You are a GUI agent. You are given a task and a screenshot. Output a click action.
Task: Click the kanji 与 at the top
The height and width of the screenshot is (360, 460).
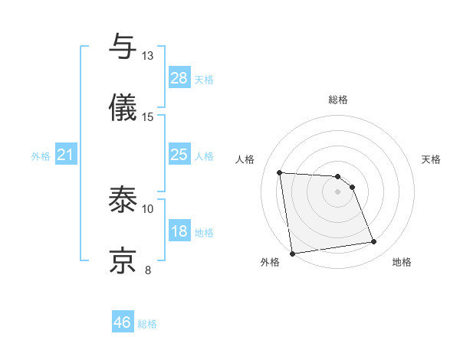tap(123, 47)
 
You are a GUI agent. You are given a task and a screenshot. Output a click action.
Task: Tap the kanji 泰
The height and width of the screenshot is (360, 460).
tap(123, 200)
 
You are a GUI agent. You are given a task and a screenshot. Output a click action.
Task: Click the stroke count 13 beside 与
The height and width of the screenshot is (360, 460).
tap(148, 56)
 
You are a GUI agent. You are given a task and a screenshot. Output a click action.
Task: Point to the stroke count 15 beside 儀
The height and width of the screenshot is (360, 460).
tap(148, 116)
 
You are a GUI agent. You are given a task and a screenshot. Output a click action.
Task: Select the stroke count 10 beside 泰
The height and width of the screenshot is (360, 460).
tap(148, 208)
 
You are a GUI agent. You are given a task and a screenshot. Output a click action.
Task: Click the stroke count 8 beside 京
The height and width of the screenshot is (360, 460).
tap(148, 270)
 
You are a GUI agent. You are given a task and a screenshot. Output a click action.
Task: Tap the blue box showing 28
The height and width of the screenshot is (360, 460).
tap(179, 78)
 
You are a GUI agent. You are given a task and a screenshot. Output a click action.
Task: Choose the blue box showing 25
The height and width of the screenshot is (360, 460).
tap(179, 155)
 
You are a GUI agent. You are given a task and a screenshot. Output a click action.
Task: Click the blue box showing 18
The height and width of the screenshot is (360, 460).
tap(179, 231)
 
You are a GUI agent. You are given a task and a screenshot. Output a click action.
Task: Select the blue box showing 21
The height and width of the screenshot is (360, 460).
tap(66, 155)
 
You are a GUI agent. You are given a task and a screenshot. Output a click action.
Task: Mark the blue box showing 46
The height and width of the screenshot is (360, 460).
tap(123, 322)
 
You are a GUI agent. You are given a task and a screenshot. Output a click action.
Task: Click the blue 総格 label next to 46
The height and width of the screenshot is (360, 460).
tap(147, 324)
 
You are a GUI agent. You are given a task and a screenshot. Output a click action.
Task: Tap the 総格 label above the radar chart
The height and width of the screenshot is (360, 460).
tap(337, 100)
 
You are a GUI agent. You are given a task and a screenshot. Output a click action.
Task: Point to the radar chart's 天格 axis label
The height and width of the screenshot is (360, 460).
tap(431, 159)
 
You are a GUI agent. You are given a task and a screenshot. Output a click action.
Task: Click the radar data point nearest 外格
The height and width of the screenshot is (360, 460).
tap(292, 253)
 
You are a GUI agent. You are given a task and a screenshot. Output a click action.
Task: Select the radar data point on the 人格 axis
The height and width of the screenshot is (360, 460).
tap(280, 172)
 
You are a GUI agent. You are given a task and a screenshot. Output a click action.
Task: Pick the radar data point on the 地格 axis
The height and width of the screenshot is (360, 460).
tap(373, 242)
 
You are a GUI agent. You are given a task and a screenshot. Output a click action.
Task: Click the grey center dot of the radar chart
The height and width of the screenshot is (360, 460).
tap(337, 191)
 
